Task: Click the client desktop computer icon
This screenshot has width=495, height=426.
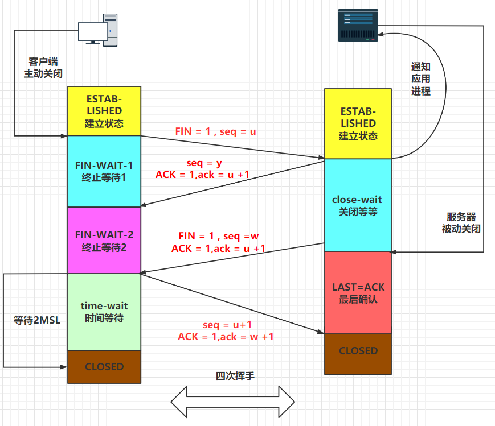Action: click(98, 29)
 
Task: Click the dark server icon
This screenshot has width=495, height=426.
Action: click(357, 26)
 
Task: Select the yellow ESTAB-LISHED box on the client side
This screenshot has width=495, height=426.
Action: click(104, 110)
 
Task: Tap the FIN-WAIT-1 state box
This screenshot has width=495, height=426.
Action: click(104, 171)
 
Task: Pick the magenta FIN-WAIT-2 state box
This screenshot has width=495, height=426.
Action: click(104, 240)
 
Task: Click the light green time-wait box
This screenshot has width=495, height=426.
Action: click(104, 312)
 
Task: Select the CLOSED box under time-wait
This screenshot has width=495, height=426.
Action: click(104, 367)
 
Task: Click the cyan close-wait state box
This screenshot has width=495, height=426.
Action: click(358, 205)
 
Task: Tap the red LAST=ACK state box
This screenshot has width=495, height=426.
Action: click(358, 292)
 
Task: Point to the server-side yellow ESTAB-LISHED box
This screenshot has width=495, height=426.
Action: click(358, 123)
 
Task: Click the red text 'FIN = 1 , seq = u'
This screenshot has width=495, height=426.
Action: click(216, 131)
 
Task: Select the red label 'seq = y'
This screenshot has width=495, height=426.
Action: click(203, 163)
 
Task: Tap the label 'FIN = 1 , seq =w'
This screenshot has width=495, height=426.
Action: click(219, 236)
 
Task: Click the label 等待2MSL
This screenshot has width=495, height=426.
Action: click(36, 320)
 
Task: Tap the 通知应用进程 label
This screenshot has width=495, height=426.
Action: click(420, 78)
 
